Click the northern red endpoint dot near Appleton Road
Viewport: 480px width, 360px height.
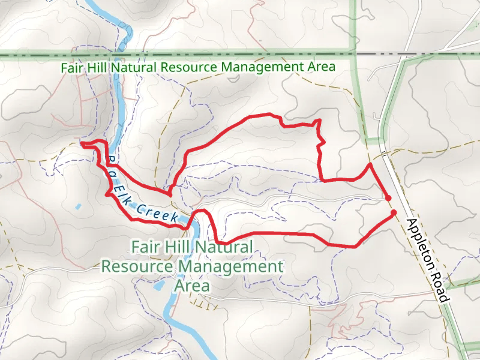(x=388, y=198)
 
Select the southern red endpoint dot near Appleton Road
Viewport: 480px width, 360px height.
(x=394, y=212)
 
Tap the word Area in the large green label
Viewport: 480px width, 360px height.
(x=192, y=286)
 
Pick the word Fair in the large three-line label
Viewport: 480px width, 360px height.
(x=146, y=247)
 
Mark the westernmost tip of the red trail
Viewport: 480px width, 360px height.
(x=81, y=143)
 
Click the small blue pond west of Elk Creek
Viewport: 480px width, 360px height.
(x=78, y=207)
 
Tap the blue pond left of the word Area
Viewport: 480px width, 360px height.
(x=158, y=286)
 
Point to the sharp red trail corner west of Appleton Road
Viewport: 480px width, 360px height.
(x=369, y=163)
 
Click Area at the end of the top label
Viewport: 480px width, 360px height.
(x=322, y=67)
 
